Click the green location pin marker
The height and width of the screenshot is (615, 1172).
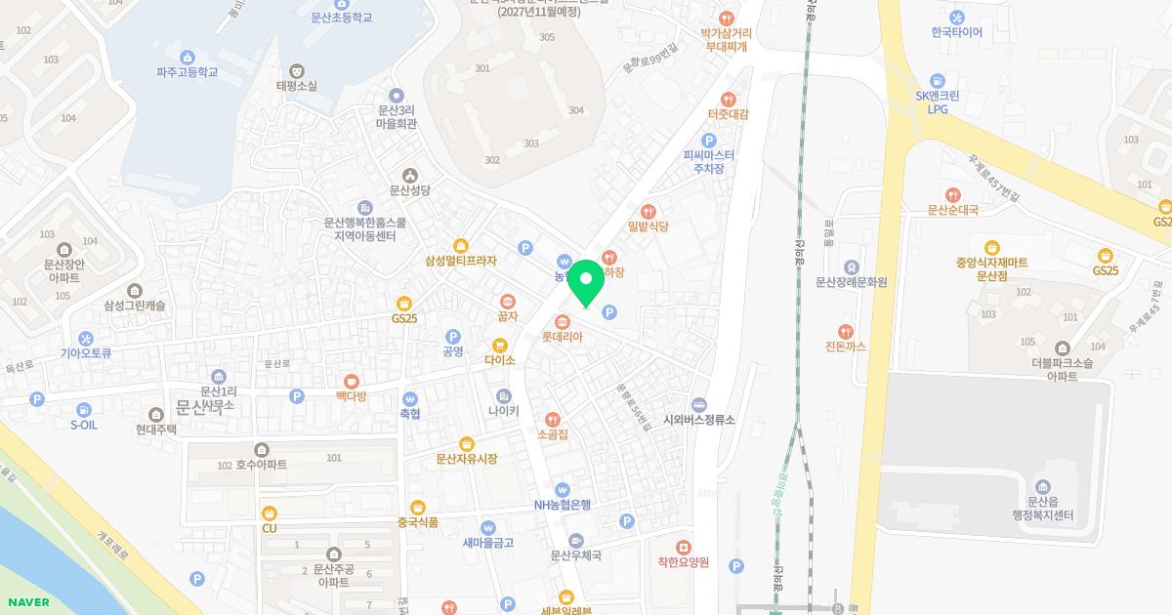[x=585, y=284]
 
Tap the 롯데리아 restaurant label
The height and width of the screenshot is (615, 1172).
[x=563, y=337]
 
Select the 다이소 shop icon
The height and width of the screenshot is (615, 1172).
[x=500, y=345]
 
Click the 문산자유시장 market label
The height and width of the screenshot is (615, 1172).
[x=466, y=459]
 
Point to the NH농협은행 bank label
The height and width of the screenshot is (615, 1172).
[x=563, y=505]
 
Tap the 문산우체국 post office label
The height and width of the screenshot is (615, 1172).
[x=575, y=555]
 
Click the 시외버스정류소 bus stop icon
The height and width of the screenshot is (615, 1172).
[x=699, y=404]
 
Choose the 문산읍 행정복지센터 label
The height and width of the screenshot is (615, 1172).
[x=1042, y=509]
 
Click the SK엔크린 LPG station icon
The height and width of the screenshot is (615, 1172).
[x=938, y=81]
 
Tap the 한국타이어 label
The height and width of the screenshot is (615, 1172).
[x=956, y=32]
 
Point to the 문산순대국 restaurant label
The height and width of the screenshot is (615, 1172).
[x=952, y=209]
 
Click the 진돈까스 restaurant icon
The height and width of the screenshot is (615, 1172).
[x=846, y=332]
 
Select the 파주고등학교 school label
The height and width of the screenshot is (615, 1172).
[x=187, y=72]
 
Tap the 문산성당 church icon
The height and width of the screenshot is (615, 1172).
[x=409, y=175]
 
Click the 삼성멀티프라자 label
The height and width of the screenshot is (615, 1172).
[x=461, y=261]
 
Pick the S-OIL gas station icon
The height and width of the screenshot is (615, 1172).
[x=84, y=410]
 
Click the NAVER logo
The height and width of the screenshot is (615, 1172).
[x=26, y=602]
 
